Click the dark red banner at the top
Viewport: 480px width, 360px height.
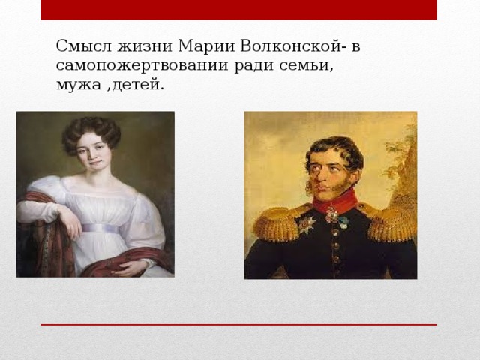(x=238, y=10)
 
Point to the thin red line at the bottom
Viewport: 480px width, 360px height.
(x=238, y=325)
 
